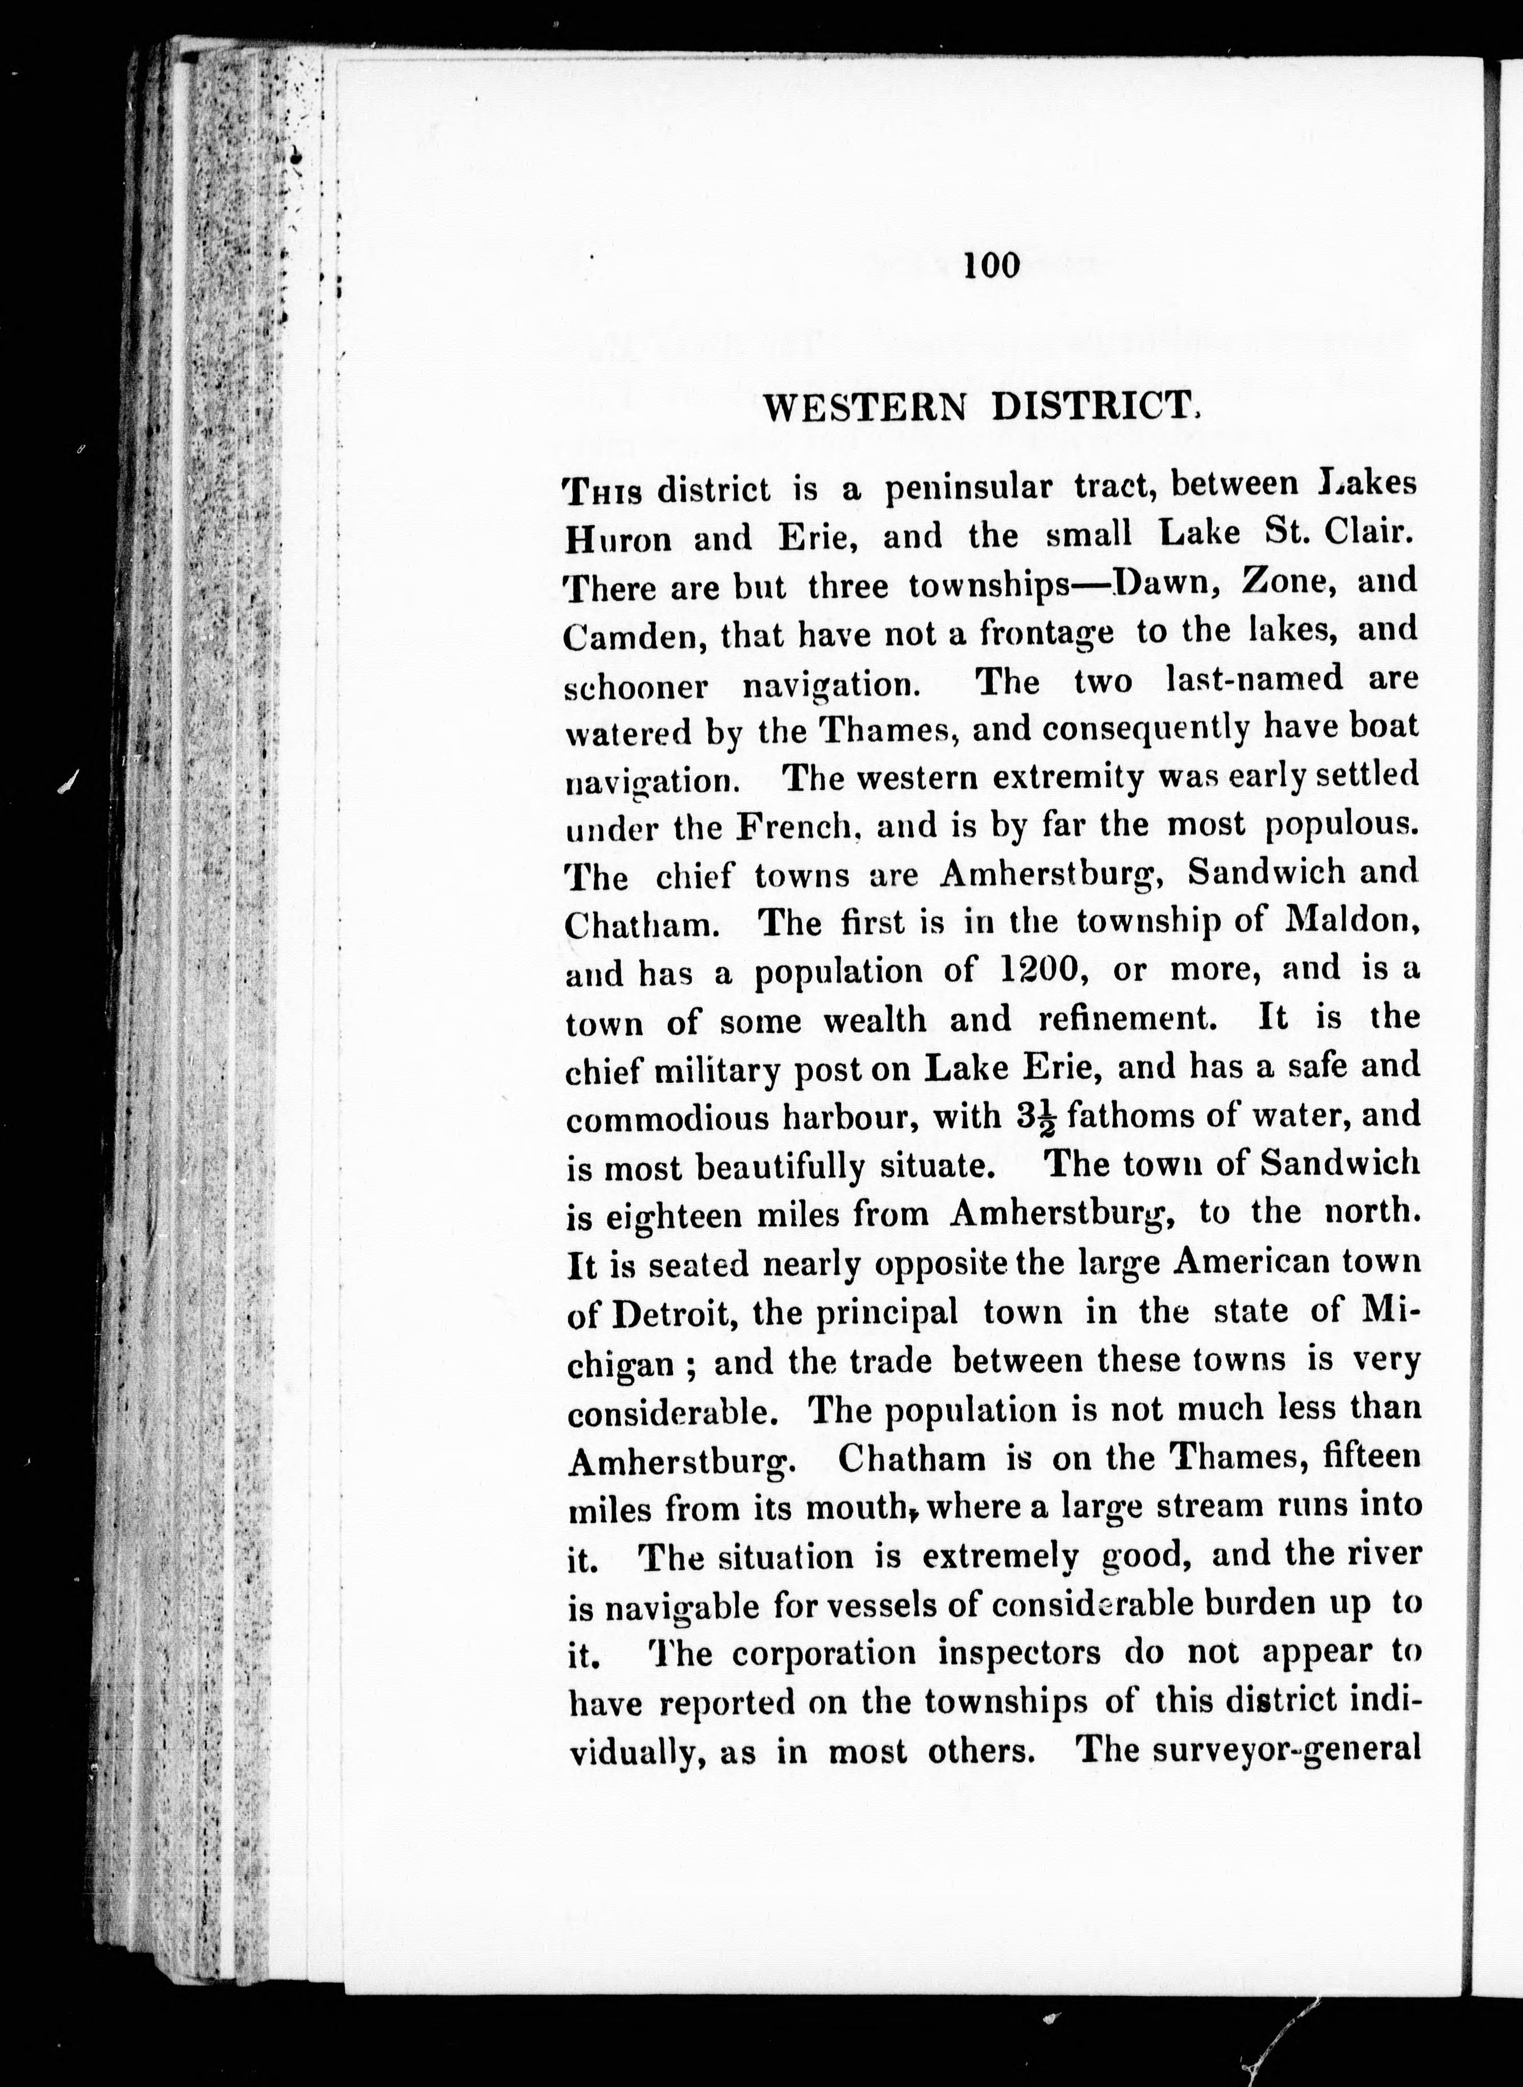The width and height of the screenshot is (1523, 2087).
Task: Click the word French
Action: click(798, 827)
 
